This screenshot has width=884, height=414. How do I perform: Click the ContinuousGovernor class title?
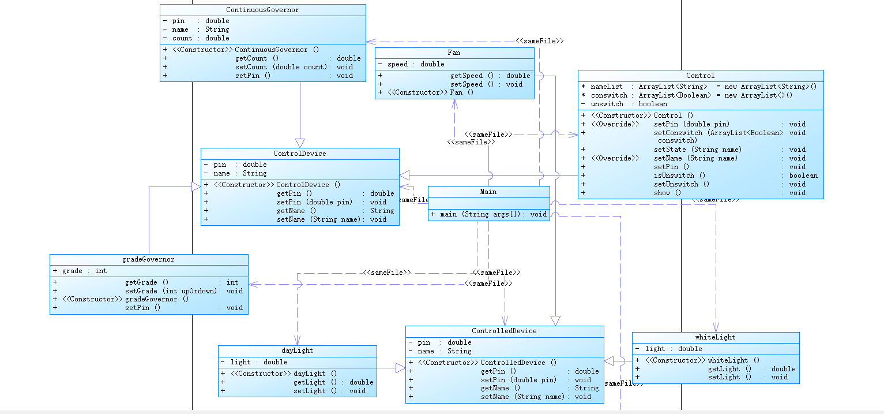click(262, 10)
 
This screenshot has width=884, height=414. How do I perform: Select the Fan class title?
click(454, 53)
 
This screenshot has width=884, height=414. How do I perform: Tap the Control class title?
click(700, 76)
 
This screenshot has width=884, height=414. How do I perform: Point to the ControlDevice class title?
click(299, 154)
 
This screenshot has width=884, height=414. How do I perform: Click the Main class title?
click(488, 192)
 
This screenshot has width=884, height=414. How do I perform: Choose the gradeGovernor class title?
click(148, 260)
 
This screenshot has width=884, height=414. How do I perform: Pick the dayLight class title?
click(297, 350)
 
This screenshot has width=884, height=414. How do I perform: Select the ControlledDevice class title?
click(504, 331)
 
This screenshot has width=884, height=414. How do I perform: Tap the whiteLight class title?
click(715, 337)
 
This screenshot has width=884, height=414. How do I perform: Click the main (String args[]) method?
click(488, 214)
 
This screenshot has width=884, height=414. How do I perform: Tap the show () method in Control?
click(667, 193)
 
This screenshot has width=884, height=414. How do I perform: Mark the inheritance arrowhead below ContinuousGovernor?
click(300, 143)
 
